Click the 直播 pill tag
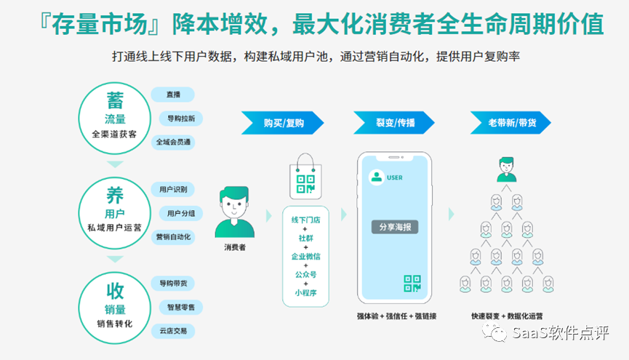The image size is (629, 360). point(172,95)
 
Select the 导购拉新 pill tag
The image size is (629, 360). point(181,118)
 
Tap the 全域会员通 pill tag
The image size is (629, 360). point(173,143)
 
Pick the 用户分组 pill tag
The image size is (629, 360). point(181,213)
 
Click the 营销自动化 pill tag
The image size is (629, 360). point(173,237)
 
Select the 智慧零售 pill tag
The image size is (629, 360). point(181,307)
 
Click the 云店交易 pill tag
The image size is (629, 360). point(173,331)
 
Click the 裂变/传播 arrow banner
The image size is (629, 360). point(394,122)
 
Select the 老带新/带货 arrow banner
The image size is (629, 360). point(507,122)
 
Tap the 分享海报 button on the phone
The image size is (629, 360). point(395,227)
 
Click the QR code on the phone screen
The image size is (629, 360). point(412,284)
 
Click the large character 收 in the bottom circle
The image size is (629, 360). point(115,291)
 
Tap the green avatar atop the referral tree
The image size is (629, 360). point(506,169)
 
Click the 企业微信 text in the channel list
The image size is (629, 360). point(306,256)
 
